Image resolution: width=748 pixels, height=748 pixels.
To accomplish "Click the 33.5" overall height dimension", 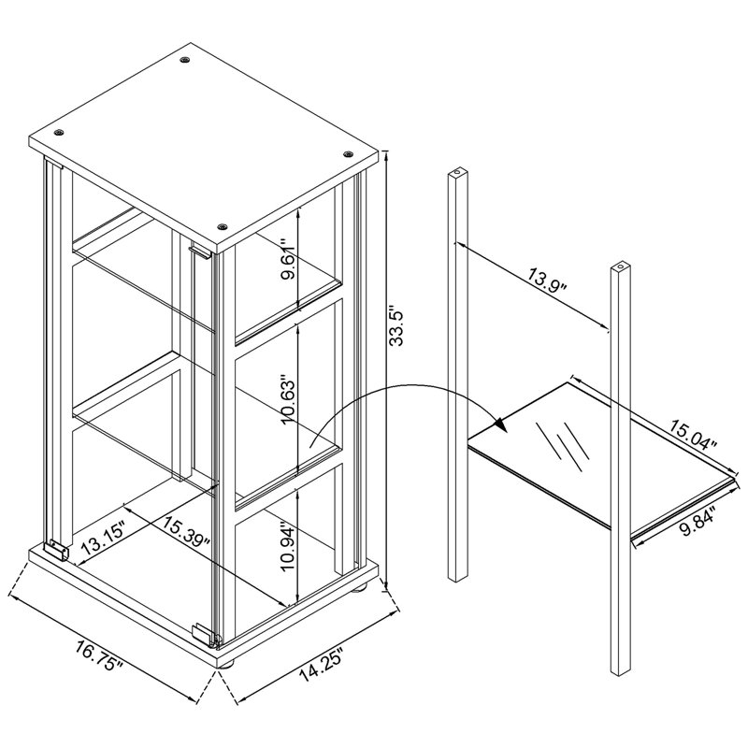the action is pyautogui.click(x=396, y=325).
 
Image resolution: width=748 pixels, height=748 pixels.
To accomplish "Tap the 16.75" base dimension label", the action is pyautogui.click(x=100, y=656).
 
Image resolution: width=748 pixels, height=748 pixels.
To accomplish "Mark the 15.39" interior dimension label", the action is pyautogui.click(x=185, y=529).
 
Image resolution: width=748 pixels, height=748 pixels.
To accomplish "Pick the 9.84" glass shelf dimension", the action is pyautogui.click(x=698, y=522).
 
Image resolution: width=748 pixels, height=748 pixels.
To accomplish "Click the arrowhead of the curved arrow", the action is pyautogui.click(x=500, y=424).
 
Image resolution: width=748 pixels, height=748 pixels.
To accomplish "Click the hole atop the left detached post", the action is pyautogui.click(x=458, y=170).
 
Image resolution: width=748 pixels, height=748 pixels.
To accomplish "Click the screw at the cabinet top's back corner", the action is pyautogui.click(x=185, y=60).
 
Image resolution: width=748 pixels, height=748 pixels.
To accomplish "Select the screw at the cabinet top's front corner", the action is pyautogui.click(x=222, y=227).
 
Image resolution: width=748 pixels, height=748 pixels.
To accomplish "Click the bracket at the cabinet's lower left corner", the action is pyautogui.click(x=57, y=550).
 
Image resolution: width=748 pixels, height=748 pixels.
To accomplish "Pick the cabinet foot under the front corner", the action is pyautogui.click(x=226, y=663).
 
